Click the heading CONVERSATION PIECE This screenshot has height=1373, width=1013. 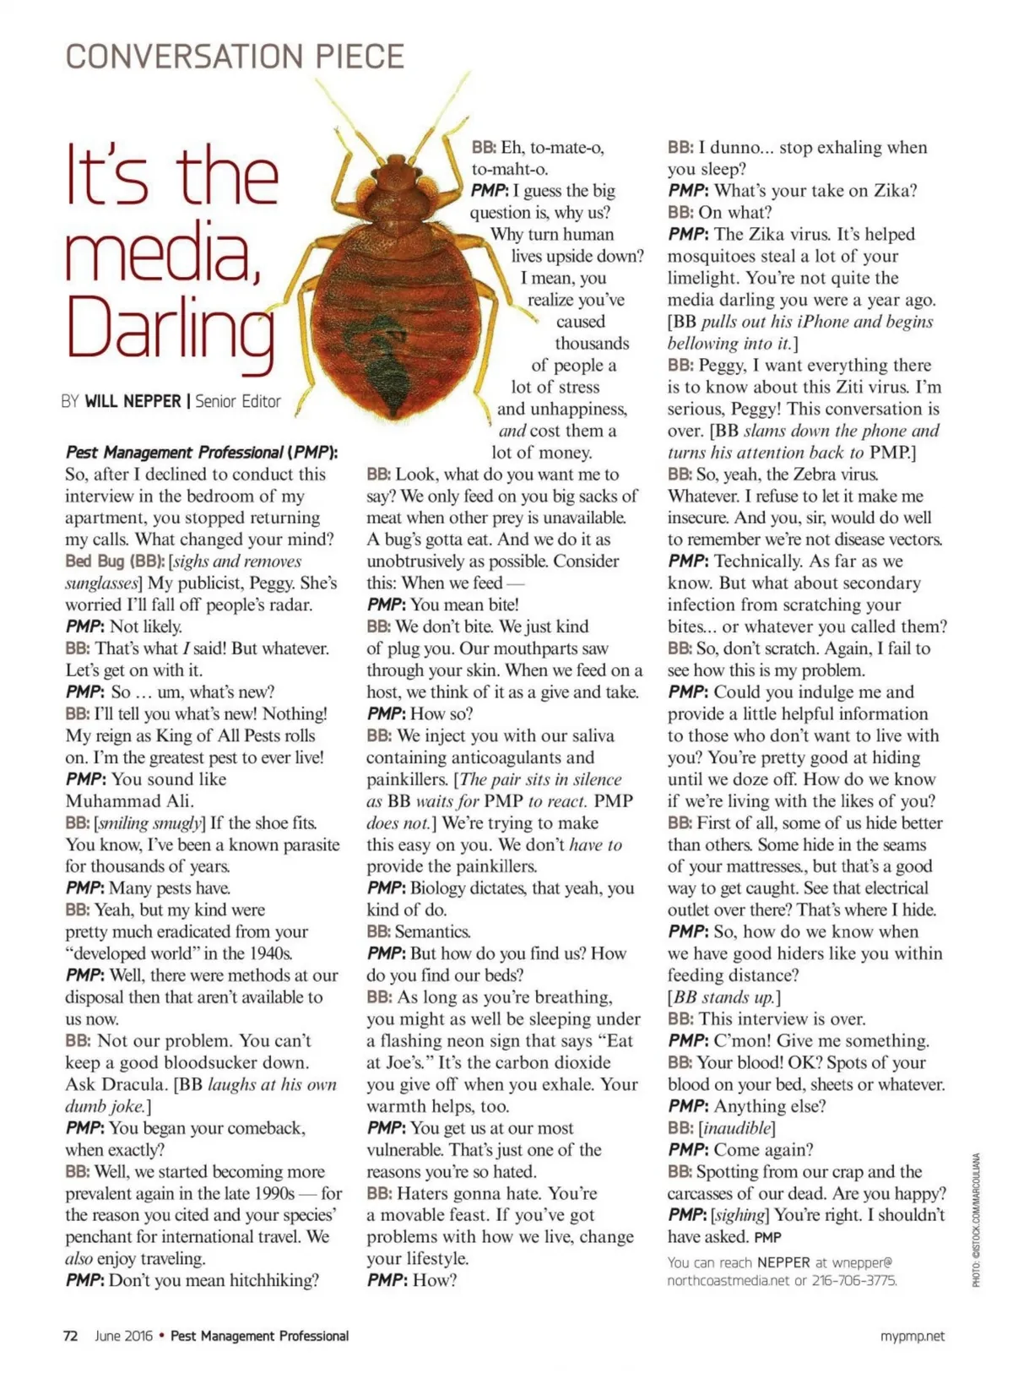pyautogui.click(x=235, y=57)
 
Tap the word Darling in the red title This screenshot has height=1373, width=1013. pyautogui.click(x=170, y=331)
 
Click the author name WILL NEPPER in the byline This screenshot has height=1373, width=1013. pyautogui.click(x=133, y=402)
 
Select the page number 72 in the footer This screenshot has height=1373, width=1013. pyautogui.click(x=71, y=1336)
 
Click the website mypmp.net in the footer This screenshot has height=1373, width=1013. pyautogui.click(x=912, y=1336)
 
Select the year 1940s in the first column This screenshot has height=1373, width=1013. pyautogui.click(x=267, y=953)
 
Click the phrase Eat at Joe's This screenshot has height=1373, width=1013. pyautogui.click(x=595, y=1051)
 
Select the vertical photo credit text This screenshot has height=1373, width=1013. pyautogui.click(x=976, y=1219)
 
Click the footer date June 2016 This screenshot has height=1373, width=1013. pyautogui.click(x=124, y=1336)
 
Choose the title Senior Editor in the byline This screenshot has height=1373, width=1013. pyautogui.click(x=238, y=402)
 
